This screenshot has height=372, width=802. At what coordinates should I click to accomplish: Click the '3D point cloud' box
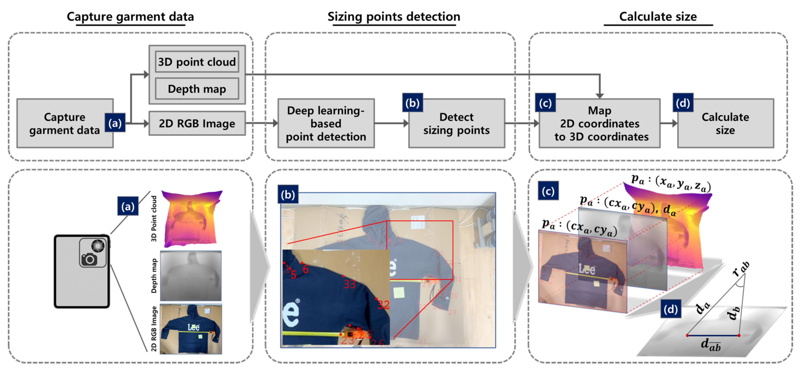(x=197, y=62)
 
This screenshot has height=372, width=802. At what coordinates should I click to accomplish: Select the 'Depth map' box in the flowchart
(x=197, y=89)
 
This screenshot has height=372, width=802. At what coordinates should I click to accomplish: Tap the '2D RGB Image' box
(x=197, y=123)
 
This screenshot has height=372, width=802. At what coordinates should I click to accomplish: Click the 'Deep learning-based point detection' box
(x=326, y=123)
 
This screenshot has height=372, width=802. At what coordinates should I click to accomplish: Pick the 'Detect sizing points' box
(x=456, y=123)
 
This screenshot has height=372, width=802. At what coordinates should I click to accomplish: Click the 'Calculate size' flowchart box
(x=725, y=123)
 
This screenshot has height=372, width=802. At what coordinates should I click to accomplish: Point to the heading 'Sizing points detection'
(x=394, y=16)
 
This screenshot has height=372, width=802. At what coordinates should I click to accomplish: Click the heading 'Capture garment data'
(x=130, y=16)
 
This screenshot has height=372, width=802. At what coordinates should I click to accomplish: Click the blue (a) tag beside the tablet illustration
(x=128, y=206)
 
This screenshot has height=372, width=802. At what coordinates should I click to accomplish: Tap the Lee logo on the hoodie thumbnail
(x=193, y=327)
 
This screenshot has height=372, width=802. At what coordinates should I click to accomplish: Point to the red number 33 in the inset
(x=349, y=284)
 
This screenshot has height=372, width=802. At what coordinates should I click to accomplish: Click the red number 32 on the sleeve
(x=383, y=304)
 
